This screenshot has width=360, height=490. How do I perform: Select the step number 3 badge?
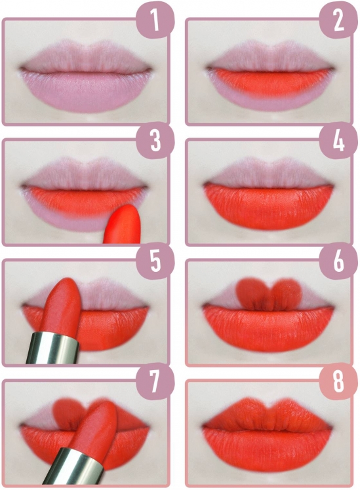(155, 141)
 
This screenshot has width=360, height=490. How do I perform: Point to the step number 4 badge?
(338, 141)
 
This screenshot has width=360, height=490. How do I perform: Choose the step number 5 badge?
(155, 261)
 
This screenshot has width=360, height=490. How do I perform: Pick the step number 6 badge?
(338, 261)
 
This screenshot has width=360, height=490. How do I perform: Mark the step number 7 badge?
(155, 381)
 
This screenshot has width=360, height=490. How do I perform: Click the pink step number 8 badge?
(338, 381)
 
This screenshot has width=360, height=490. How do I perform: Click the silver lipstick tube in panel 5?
(53, 349)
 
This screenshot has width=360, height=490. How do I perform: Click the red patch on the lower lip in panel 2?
(270, 82)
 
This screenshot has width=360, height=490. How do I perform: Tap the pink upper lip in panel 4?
(268, 174)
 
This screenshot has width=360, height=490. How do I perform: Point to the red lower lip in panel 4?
(268, 206)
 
